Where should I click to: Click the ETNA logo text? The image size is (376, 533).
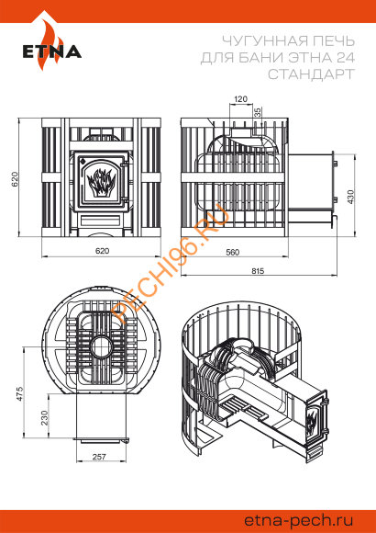coord(52,51)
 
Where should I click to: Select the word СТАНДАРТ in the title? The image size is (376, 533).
coord(311,74)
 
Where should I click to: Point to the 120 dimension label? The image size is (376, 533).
coord(241,99)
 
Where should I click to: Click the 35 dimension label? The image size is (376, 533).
coord(258,112)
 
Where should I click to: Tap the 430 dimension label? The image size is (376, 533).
coord(350,197)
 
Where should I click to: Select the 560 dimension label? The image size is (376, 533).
coord(232,252)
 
